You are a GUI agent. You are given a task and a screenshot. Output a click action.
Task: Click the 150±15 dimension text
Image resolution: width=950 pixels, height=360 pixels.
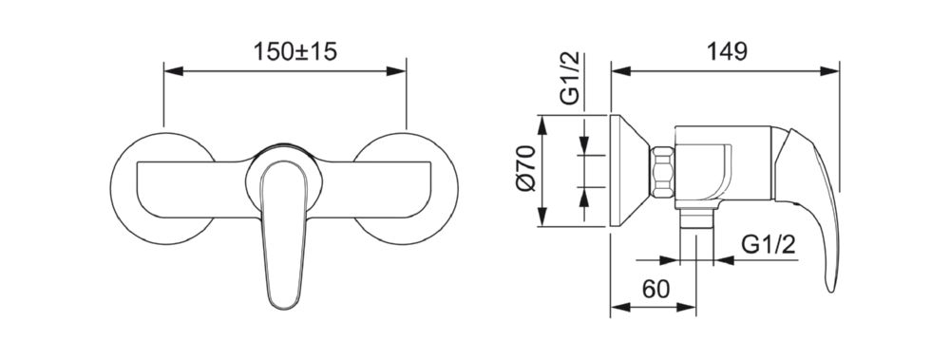pyautogui.click(x=294, y=51)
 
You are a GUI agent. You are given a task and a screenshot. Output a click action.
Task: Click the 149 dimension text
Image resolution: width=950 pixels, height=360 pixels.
pyautogui.click(x=727, y=51)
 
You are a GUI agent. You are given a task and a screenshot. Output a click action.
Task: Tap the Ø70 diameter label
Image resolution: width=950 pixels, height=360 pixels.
pyautogui.click(x=526, y=168)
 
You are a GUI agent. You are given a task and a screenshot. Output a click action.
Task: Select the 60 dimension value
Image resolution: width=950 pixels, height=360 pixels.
pyautogui.click(x=656, y=290)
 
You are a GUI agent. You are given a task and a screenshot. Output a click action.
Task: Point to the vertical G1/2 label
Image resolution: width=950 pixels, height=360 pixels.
pyautogui.click(x=570, y=79)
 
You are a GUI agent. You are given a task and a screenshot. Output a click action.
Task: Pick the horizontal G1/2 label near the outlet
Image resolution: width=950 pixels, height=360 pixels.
pyautogui.click(x=769, y=245)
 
